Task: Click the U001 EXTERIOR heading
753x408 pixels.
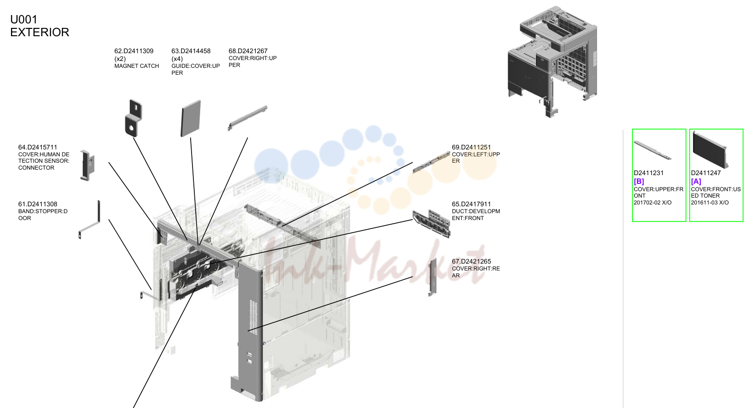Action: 40,26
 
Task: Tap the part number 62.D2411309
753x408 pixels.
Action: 134,51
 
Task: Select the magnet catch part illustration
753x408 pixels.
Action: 133,118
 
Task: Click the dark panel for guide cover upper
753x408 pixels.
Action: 191,118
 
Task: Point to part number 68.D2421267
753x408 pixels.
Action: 248,51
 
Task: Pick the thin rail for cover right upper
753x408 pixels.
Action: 247,118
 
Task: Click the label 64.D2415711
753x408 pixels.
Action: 38,147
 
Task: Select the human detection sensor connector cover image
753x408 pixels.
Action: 88,165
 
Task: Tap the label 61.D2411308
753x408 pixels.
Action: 38,204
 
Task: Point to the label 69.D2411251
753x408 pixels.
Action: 471,147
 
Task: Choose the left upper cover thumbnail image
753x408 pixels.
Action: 431,162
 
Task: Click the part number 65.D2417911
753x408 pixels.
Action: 471,204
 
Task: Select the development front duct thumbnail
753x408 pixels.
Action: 432,223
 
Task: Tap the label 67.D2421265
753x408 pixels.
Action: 471,261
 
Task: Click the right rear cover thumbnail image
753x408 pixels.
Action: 433,277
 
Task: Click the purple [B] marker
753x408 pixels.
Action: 639,182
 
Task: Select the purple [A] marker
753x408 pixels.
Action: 696,182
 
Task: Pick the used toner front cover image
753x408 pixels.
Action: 710,150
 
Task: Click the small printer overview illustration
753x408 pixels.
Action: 552,62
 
